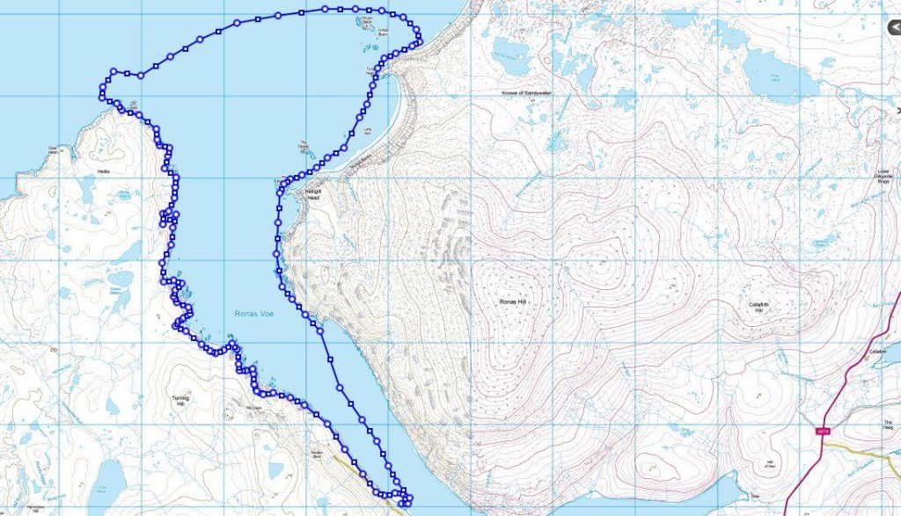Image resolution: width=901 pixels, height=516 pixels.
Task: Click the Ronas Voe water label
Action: coord(253,314)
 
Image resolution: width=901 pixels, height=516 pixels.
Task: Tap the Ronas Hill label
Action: coord(511,302)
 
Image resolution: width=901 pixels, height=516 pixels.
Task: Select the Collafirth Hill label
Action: coord(758,307)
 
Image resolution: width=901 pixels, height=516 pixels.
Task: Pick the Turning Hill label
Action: coord(179,402)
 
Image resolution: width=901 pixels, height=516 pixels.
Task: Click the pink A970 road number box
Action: coord(824,431)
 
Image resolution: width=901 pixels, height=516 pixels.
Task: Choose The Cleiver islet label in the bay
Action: coord(305,145)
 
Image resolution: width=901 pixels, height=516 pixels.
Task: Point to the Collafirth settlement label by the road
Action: coord(875,352)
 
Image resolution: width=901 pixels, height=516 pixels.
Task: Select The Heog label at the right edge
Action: coord(888,425)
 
